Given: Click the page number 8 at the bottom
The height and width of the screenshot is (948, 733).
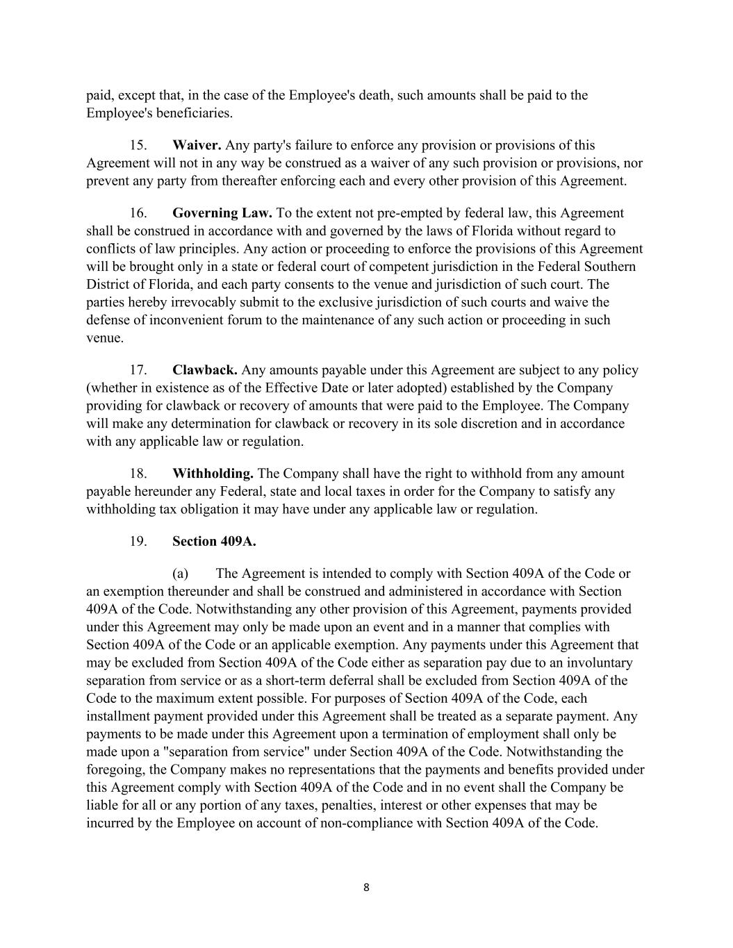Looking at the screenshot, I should [366, 887].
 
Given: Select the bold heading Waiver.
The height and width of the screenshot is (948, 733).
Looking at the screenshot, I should [197, 145].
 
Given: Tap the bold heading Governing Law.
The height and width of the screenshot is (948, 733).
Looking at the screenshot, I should [222, 213].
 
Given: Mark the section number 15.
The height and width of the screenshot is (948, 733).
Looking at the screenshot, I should [138, 145].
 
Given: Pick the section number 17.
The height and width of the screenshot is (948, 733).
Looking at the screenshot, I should [138, 370].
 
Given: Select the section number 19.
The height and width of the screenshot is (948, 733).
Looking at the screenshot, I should [138, 541].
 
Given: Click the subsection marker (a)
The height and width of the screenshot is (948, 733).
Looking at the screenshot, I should [181, 574].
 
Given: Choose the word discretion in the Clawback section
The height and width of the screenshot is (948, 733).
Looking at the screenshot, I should [512, 424].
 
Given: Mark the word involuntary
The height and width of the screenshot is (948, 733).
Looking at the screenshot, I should [598, 663].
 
